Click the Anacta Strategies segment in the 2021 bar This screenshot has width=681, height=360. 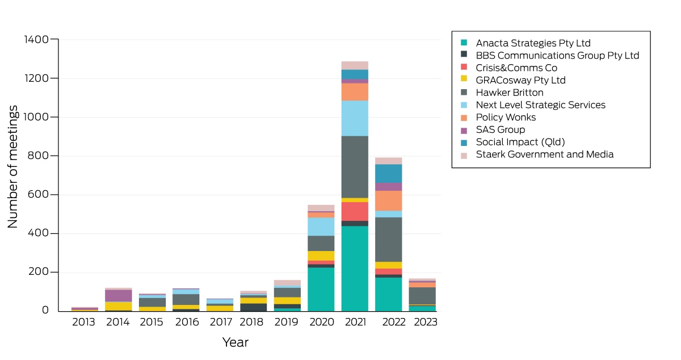355,269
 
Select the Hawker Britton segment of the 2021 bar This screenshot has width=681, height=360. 355,167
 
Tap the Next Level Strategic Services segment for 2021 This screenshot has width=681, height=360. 355,118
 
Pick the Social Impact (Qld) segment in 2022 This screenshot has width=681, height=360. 388,174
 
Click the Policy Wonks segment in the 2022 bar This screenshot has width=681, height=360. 388,201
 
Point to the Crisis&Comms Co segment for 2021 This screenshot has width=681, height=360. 355,211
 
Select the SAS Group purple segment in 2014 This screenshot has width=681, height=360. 118,296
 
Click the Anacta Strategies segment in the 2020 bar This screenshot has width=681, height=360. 321,290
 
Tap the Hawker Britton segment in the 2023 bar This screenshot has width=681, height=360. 422,296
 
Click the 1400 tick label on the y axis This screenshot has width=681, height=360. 36,39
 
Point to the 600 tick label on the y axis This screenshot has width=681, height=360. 38,194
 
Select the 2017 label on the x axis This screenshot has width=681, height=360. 221,322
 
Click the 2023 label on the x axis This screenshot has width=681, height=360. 426,322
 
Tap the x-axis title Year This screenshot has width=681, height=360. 236,342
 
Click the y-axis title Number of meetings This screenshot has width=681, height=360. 12,167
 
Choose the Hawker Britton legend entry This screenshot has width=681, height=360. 502,93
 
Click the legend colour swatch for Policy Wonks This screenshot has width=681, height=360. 464,118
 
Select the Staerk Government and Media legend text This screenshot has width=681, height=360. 545,154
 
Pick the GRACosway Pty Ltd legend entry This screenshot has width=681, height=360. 513,80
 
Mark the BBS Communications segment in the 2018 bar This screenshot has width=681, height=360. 253,307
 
